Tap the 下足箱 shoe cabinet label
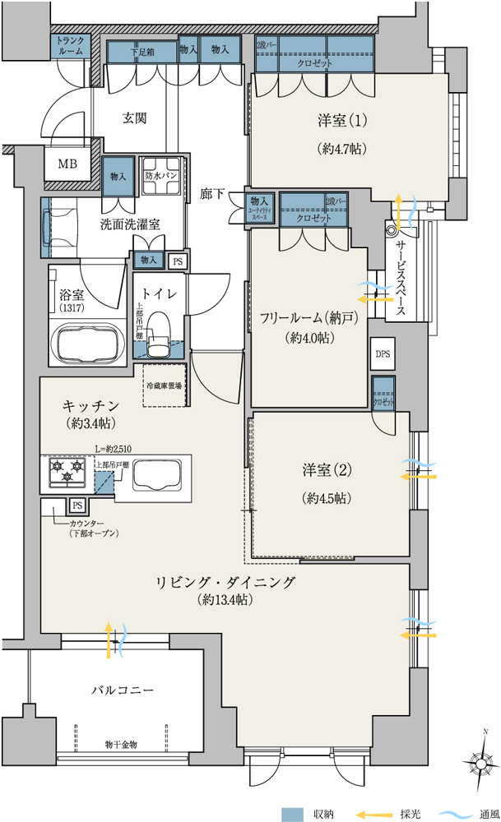tap(142, 51)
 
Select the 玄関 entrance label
tap(135, 118)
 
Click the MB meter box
tap(67, 164)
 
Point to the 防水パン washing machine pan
tap(161, 176)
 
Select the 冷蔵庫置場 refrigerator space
tap(165, 385)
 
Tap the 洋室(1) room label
tap(341, 121)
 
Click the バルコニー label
tap(122, 690)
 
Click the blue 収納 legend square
tap(292, 814)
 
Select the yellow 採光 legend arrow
tap(372, 814)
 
